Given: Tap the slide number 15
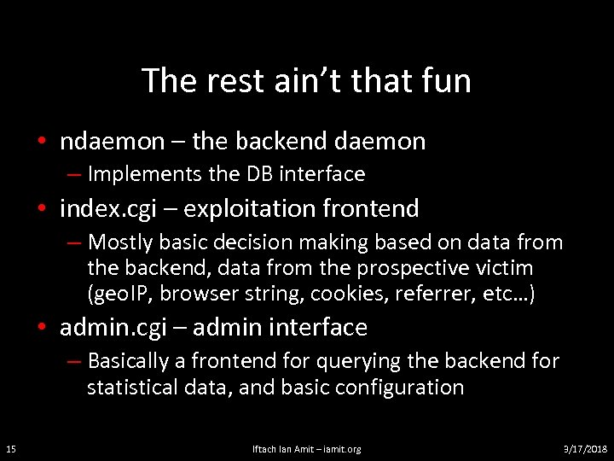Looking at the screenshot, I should (x=9, y=449).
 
